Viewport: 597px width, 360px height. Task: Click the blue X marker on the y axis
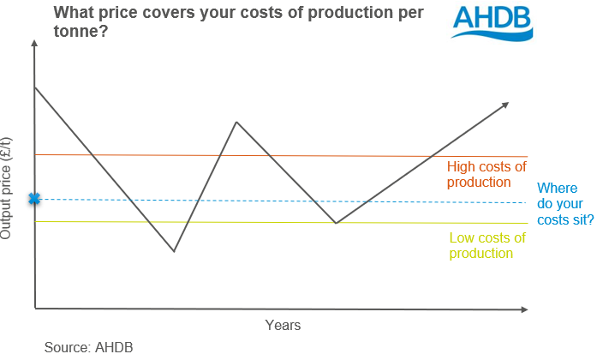(x=34, y=199)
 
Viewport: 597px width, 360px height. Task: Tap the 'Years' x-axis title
(x=283, y=326)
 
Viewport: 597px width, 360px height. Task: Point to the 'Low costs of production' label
(x=481, y=246)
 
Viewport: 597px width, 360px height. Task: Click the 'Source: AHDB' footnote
(x=88, y=347)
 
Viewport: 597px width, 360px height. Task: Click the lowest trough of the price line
(x=174, y=251)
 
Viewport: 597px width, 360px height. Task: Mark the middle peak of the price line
(x=236, y=122)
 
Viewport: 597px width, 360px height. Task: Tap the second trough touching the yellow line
(x=336, y=223)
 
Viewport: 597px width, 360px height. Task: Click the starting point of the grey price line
(x=35, y=87)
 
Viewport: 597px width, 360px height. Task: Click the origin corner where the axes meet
(x=35, y=307)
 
